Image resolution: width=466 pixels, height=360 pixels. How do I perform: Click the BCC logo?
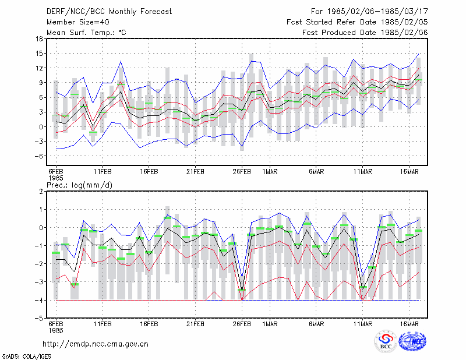tap(386, 342)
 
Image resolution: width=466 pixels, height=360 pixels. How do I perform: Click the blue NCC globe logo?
tap(412, 341)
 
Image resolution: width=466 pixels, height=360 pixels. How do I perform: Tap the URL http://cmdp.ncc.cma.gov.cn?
tap(96, 344)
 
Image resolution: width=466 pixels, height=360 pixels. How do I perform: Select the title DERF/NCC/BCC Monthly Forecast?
tap(109, 12)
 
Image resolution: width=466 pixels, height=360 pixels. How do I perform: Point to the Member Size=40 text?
tap(78, 22)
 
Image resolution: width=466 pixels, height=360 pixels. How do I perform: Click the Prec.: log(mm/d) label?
tap(79, 185)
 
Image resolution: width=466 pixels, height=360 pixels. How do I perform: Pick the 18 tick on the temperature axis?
tap(39, 38)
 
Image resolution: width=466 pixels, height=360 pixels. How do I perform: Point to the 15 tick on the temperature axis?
tap(39, 54)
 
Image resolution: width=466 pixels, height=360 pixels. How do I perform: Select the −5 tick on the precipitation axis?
tap(39, 318)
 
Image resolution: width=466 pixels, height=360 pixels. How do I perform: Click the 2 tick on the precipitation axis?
tap(41, 192)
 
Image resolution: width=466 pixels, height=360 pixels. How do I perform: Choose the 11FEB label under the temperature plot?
tap(103, 172)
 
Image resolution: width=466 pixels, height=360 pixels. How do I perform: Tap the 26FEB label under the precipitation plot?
tap(242, 324)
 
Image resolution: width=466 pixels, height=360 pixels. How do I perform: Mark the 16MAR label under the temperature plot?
tap(409, 172)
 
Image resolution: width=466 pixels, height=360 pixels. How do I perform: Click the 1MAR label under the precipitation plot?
tap(270, 324)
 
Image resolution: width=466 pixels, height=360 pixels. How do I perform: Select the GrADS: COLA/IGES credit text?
tap(27, 357)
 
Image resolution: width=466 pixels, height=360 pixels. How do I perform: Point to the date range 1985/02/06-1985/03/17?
tap(377, 12)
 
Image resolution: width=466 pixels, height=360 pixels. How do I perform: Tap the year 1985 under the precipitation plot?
tap(56, 330)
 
